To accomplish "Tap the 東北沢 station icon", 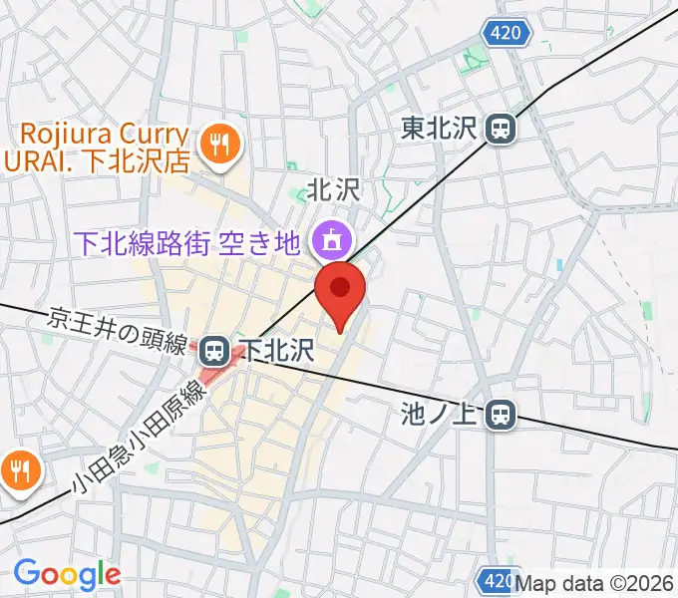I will pyautogui.click(x=501, y=128).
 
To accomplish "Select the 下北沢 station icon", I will pyautogui.click(x=211, y=349).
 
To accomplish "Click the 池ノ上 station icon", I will pyautogui.click(x=502, y=414).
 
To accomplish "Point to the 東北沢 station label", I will pyautogui.click(x=440, y=128).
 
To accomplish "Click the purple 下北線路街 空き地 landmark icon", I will pyautogui.click(x=328, y=239).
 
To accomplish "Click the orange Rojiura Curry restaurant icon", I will pyautogui.click(x=214, y=146).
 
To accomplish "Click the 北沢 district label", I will pyautogui.click(x=332, y=188).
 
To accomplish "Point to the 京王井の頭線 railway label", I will pyautogui.click(x=118, y=332).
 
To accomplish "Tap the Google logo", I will pyautogui.click(x=67, y=574).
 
